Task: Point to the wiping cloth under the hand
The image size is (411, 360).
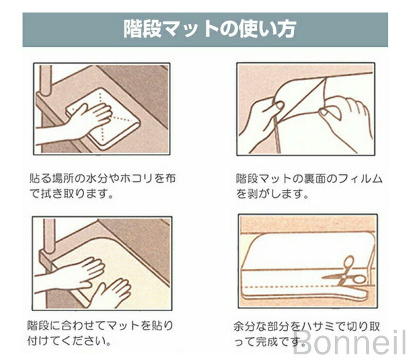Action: (x=103, y=119)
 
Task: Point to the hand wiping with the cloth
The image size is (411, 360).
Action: (x=73, y=123)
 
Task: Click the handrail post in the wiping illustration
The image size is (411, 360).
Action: (x=46, y=80)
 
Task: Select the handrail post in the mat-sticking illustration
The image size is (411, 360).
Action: (x=49, y=238)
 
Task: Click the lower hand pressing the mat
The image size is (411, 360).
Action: (x=111, y=291)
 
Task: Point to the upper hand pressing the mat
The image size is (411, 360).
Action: (x=73, y=274)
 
